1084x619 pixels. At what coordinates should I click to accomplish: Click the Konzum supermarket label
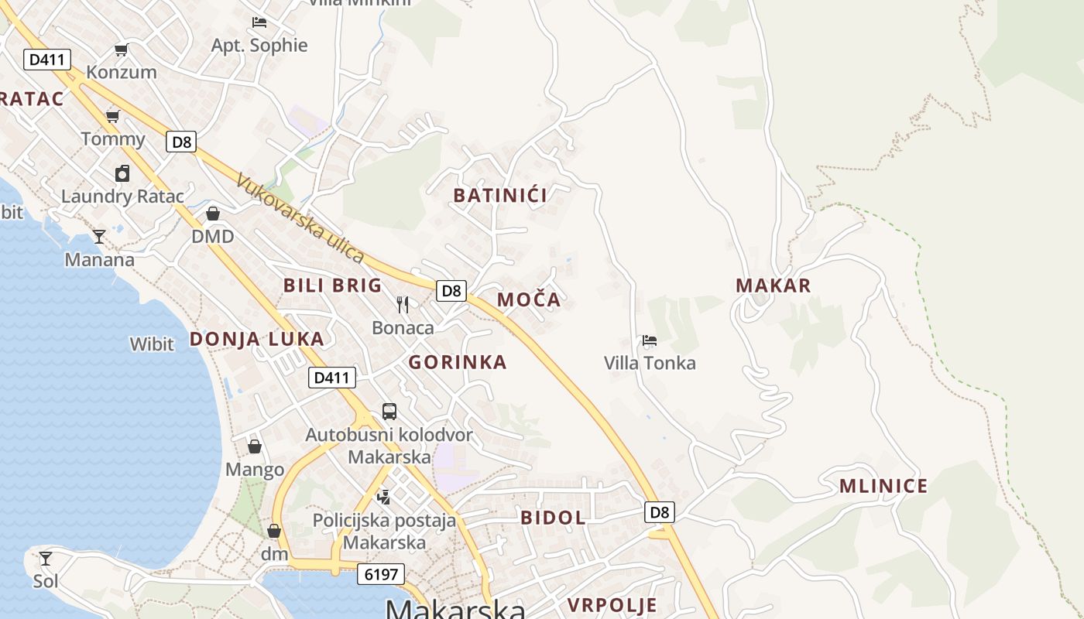[122, 72]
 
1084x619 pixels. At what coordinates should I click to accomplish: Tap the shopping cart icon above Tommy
[113, 117]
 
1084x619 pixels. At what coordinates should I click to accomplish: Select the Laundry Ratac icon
[122, 173]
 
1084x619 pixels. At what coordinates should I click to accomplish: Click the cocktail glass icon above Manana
[99, 237]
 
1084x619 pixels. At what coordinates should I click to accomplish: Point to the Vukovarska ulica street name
[300, 218]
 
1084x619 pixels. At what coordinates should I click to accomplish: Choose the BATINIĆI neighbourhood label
[500, 195]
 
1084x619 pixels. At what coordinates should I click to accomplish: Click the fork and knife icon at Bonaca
[403, 305]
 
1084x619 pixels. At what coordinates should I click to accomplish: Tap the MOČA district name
[529, 299]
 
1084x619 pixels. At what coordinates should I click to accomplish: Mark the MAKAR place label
[774, 286]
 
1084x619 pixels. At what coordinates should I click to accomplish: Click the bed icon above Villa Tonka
[650, 340]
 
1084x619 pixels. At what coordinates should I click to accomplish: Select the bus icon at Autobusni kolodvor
[389, 412]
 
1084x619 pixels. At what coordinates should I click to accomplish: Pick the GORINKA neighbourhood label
[458, 362]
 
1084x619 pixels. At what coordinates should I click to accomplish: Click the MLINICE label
[883, 487]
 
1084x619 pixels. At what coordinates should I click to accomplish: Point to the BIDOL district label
[553, 518]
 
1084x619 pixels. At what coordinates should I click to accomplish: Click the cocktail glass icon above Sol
[46, 558]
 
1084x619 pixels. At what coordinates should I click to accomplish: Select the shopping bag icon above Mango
[255, 446]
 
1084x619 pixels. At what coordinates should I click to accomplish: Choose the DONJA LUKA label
[257, 339]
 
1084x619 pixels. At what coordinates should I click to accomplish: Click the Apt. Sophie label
[259, 45]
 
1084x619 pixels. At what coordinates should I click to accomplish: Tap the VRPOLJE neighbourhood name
[612, 605]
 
